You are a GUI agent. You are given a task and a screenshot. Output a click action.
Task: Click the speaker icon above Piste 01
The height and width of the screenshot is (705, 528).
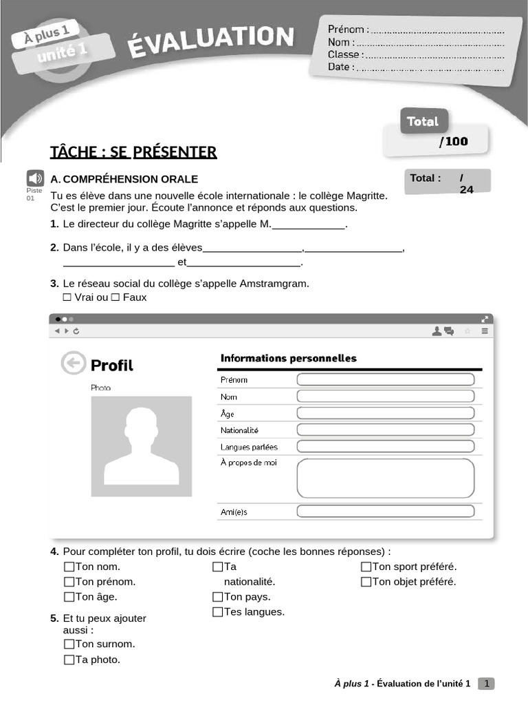pyautogui.click(x=35, y=178)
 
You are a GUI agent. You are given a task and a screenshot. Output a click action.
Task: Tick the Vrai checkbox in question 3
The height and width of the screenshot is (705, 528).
pyautogui.click(x=67, y=297)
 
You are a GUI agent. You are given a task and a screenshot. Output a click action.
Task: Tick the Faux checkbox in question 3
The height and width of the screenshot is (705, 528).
pyautogui.click(x=115, y=297)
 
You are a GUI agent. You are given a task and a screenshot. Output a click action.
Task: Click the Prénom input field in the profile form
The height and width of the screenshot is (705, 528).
pyautogui.click(x=385, y=379)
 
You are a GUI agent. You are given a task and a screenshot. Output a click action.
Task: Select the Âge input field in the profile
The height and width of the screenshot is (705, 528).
pyautogui.click(x=385, y=413)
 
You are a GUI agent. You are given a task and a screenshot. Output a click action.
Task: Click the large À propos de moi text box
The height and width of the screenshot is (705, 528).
pyautogui.click(x=385, y=478)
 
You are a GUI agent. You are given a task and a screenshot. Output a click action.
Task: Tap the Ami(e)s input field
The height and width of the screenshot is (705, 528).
pyautogui.click(x=385, y=512)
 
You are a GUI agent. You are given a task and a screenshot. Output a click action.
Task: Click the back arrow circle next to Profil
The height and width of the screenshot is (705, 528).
pyautogui.click(x=74, y=364)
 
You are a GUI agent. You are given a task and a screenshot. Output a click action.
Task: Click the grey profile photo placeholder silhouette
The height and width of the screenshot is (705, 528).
pyautogui.click(x=142, y=446)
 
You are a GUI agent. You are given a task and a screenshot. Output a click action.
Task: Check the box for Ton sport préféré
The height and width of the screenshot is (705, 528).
pyautogui.click(x=366, y=567)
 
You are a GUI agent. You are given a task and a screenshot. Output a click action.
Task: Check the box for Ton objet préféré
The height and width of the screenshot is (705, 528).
pyautogui.click(x=366, y=582)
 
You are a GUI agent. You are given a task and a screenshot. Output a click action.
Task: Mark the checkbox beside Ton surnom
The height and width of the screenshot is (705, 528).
pyautogui.click(x=69, y=644)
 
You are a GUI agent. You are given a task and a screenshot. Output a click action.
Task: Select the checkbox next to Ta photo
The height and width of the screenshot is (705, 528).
pyautogui.click(x=69, y=660)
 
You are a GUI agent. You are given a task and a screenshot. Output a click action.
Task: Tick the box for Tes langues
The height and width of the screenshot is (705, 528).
pyautogui.click(x=218, y=612)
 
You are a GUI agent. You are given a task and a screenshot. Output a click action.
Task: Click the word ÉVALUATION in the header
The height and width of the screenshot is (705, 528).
pyautogui.click(x=210, y=41)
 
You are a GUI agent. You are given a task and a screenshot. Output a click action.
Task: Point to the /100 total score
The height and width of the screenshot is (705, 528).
pyautogui.click(x=453, y=142)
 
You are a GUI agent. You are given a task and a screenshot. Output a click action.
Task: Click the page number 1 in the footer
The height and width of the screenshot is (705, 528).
pyautogui.click(x=486, y=684)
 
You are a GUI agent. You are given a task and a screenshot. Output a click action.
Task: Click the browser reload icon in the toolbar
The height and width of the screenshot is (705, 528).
pyautogui.click(x=76, y=331)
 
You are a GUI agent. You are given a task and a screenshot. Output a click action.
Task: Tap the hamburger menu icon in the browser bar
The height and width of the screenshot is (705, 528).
pyautogui.click(x=485, y=331)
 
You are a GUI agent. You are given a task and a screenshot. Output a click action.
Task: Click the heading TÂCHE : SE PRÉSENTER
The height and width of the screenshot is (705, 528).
pyautogui.click(x=133, y=151)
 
